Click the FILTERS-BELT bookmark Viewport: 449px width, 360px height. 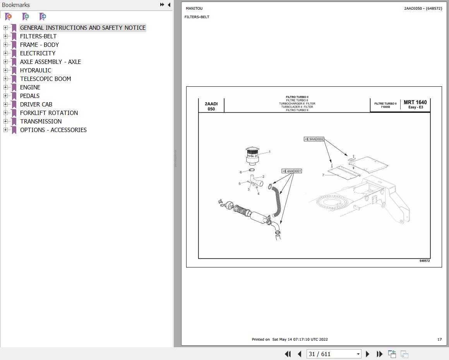click(38, 36)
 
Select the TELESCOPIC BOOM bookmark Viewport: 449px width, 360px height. click(46, 79)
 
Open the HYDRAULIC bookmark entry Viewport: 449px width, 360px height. click(36, 70)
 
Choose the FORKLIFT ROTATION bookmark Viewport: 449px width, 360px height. click(49, 113)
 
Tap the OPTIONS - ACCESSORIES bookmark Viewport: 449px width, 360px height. click(53, 130)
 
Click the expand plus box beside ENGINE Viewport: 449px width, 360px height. click(5, 87)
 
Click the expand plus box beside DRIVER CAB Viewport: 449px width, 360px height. click(5, 104)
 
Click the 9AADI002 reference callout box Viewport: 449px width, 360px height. click(314, 139)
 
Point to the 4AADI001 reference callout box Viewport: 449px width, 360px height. click(292, 171)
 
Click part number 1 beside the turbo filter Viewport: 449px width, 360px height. click(269, 152)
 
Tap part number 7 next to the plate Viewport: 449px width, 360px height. click(323, 175)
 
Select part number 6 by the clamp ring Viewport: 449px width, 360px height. click(241, 172)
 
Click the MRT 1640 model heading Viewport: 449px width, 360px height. click(415, 102)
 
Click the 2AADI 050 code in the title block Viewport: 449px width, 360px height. click(211, 106)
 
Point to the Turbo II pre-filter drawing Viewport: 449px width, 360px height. click(252, 156)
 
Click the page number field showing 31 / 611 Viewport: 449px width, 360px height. click(334, 354)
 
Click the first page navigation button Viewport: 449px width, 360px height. click(288, 354)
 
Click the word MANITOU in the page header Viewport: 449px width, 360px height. click(194, 8)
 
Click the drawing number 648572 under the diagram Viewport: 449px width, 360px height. click(425, 261)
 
